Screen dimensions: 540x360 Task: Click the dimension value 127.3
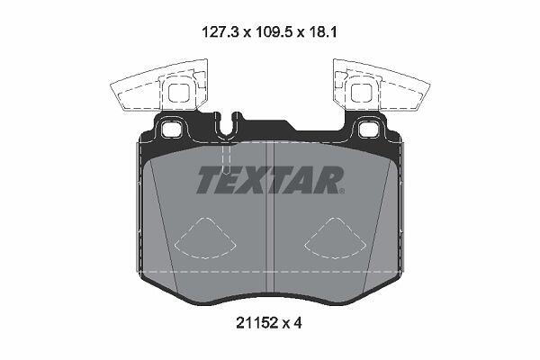point(220,32)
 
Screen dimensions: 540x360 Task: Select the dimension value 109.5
point(274,32)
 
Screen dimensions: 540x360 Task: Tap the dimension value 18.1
point(322,32)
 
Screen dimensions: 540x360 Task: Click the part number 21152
point(256,323)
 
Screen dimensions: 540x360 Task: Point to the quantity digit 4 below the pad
point(297,323)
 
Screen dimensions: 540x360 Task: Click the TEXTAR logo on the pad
point(270,180)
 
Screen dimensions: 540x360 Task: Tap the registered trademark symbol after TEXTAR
point(341,191)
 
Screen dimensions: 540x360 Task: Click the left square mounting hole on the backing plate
point(171,130)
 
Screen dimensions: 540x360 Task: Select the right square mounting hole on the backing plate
point(368,130)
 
